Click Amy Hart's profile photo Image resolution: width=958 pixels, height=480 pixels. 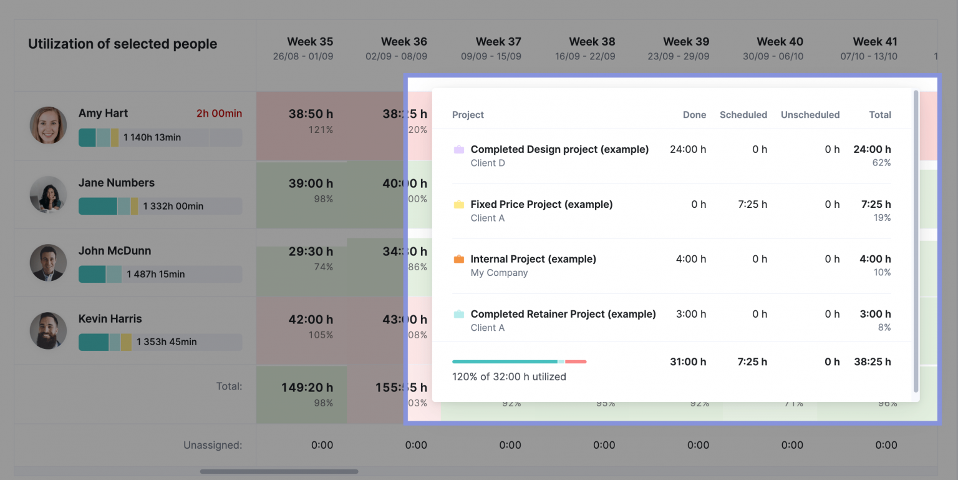pyautogui.click(x=48, y=125)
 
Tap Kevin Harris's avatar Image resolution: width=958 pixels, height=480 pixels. pyautogui.click(x=48, y=330)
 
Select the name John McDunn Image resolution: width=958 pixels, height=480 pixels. pyautogui.click(x=115, y=250)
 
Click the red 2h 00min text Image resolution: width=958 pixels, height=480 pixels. pyautogui.click(x=219, y=114)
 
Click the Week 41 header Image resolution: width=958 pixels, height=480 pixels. pyautogui.click(x=874, y=42)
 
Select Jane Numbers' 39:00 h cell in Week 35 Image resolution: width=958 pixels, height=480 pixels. pyautogui.click(x=310, y=184)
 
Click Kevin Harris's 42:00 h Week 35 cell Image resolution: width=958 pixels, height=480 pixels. pyautogui.click(x=310, y=320)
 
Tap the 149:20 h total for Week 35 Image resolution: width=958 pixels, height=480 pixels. pyautogui.click(x=306, y=388)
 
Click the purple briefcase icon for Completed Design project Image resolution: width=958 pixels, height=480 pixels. pyautogui.click(x=459, y=150)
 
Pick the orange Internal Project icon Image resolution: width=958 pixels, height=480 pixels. pyautogui.click(x=459, y=259)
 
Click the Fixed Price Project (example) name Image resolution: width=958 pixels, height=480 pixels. pyautogui.click(x=541, y=204)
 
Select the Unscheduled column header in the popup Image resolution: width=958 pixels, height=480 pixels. pyautogui.click(x=810, y=115)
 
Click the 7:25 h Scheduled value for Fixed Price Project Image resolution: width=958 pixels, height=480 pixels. pyautogui.click(x=752, y=204)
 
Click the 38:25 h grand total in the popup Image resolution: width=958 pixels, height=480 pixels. pyautogui.click(x=872, y=361)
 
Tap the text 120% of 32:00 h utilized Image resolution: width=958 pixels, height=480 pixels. pyautogui.click(x=509, y=376)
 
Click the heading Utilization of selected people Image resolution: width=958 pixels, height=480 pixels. pyautogui.click(x=122, y=44)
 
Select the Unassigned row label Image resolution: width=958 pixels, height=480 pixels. pyautogui.click(x=212, y=445)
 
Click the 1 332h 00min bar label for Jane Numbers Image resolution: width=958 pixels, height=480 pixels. pyautogui.click(x=173, y=206)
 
